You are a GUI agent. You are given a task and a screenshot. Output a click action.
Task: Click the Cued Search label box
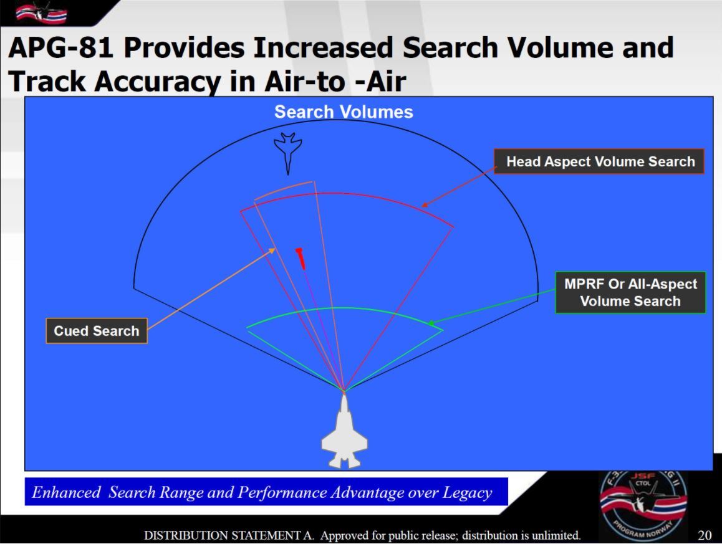pos(97,331)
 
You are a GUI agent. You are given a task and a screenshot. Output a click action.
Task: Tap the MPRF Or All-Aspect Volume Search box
pos(630,293)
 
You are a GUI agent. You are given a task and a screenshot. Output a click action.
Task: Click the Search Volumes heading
pos(344,112)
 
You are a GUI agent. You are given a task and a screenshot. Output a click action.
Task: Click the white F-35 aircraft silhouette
pos(344,432)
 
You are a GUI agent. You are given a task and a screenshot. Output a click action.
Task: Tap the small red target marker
pos(301,258)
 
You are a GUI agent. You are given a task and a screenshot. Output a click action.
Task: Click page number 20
pos(705,535)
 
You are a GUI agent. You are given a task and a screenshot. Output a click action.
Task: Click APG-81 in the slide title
pos(60,47)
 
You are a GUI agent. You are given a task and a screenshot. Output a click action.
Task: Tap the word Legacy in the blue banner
pos(468,493)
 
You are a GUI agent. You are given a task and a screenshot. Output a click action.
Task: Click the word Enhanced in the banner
pos(66,492)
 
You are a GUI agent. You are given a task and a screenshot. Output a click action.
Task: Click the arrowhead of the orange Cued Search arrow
pos(273,251)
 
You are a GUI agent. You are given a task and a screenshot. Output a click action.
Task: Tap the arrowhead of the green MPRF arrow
pos(431,323)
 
